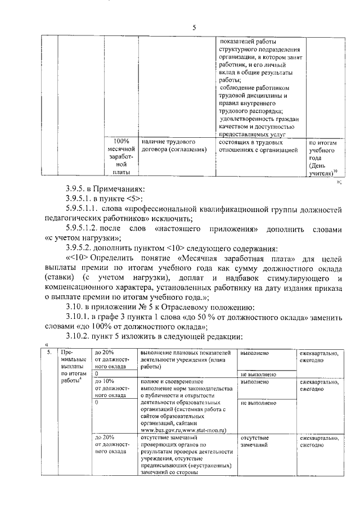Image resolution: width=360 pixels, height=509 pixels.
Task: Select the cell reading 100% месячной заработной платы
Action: click(x=121, y=157)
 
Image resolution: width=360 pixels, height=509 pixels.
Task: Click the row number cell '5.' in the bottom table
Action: click(x=49, y=353)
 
